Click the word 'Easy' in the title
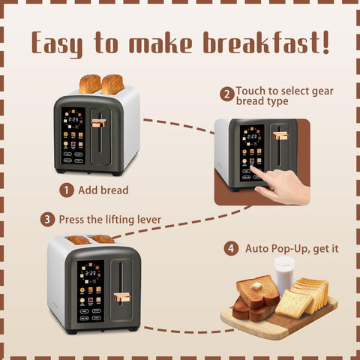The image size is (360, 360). coord(61,43)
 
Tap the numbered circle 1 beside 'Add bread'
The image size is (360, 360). coord(67,190)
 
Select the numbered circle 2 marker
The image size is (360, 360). coord(226,94)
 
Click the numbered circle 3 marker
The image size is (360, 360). coord(47,220)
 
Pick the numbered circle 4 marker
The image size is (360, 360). coord(232,247)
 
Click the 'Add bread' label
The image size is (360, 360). coord(103,190)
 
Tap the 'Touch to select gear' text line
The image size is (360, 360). coord(284,91)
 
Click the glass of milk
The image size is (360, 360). coord(284,274)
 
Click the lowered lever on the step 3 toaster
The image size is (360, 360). coord(121,297)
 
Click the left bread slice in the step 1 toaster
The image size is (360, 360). coord(89,83)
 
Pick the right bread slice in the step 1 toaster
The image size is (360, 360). coord(112,83)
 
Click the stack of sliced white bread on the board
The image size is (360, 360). coord(310,294)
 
